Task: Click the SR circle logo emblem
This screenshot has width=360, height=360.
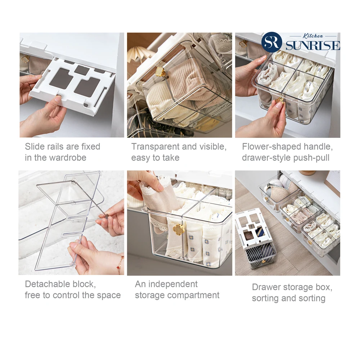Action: coord(272,42)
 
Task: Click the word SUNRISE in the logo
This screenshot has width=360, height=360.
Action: coord(312,46)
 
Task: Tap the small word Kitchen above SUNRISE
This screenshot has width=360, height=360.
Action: coord(313,36)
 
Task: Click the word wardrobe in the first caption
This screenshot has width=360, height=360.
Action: coord(68,158)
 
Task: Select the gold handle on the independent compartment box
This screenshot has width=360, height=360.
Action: coord(178,229)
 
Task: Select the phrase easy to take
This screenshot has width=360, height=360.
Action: coord(155,158)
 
